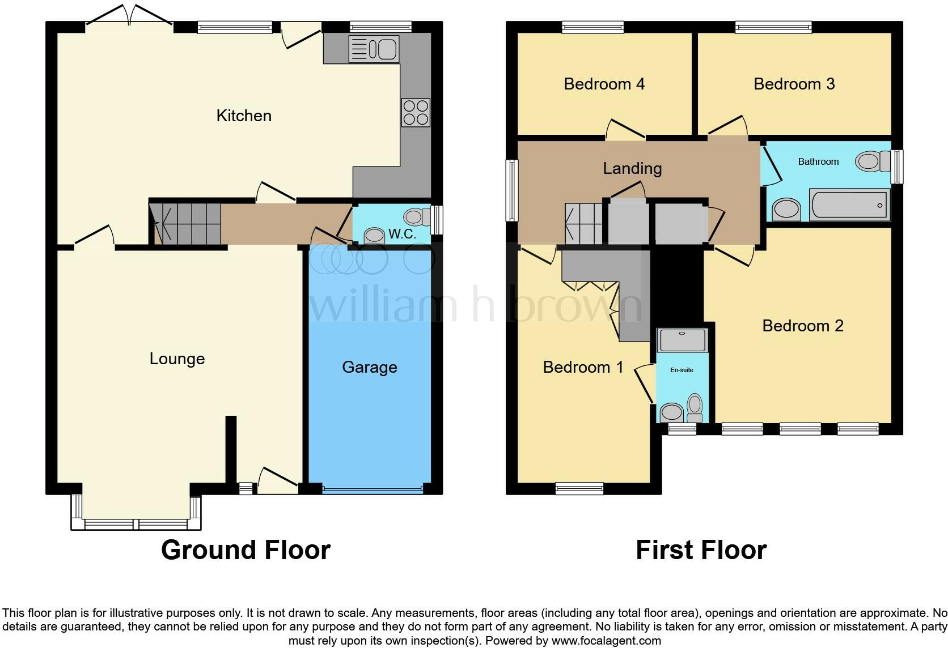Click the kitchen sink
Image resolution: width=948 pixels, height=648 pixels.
(374, 49)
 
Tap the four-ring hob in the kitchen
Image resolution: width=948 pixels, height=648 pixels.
(416, 112)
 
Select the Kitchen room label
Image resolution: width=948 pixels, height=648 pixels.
(244, 116)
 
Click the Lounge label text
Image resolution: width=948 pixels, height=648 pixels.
(177, 359)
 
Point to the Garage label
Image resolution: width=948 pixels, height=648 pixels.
(369, 367)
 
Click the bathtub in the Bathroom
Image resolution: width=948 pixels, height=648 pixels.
(849, 204)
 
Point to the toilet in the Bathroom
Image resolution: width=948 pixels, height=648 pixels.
(873, 161)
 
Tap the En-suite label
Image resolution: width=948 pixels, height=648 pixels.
(682, 370)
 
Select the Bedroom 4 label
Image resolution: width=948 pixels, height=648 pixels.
(604, 84)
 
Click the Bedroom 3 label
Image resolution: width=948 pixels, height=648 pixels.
(794, 84)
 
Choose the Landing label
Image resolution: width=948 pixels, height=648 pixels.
(632, 168)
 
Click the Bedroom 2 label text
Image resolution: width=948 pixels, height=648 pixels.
(802, 326)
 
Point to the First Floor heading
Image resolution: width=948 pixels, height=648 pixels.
(701, 550)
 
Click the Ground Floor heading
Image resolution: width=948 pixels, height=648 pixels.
(246, 550)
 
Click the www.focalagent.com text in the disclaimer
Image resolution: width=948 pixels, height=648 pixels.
(606, 641)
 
